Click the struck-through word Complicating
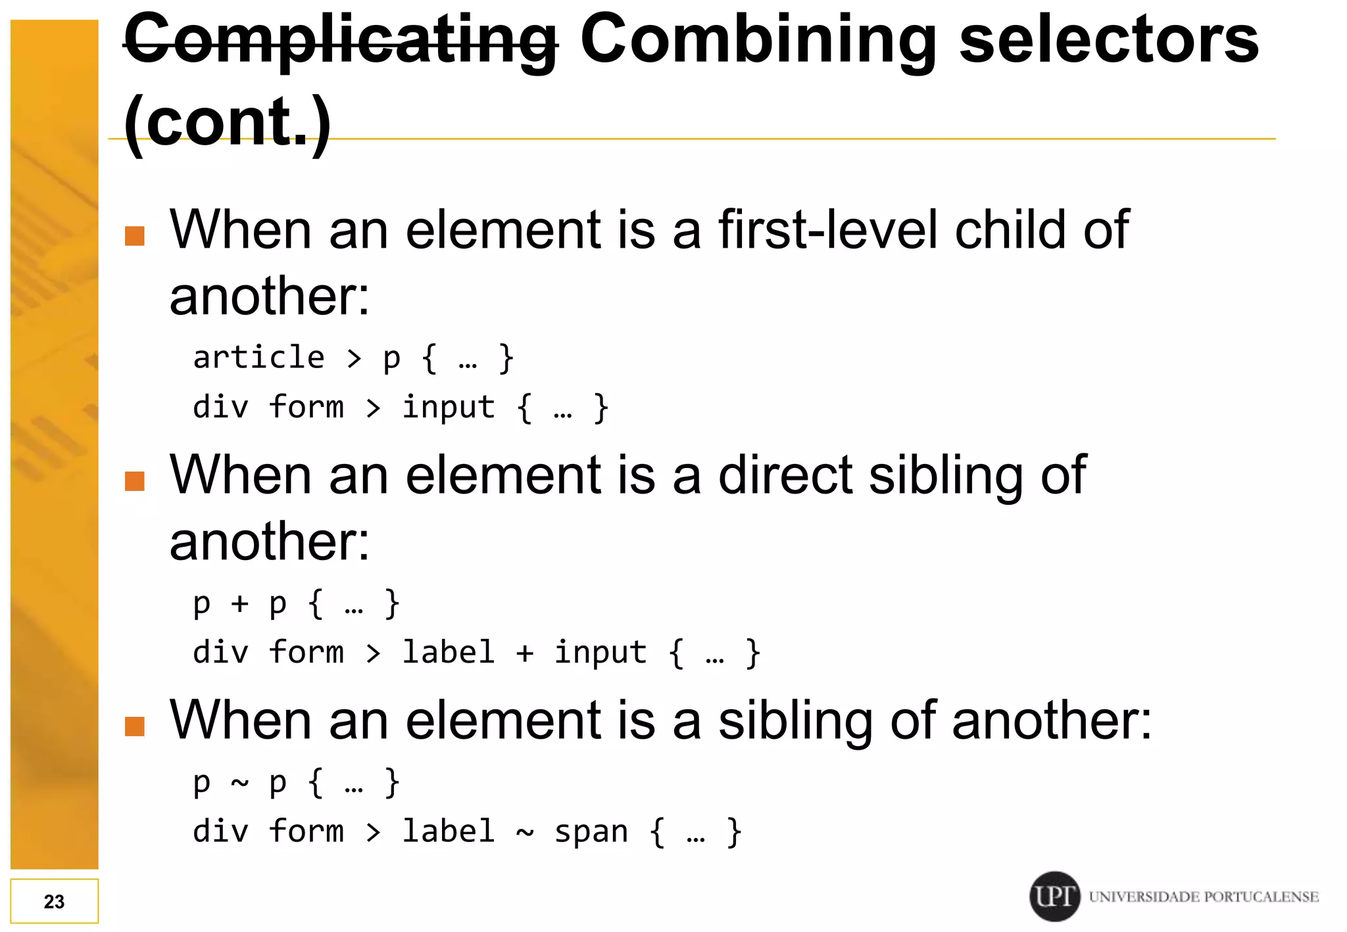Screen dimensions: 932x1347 (x=341, y=41)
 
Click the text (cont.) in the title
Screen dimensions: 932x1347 (x=228, y=122)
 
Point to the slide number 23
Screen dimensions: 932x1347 (x=54, y=901)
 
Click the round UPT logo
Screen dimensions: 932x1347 (x=1054, y=896)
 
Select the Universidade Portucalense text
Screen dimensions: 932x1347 (x=1204, y=897)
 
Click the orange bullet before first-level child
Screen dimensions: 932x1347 (x=135, y=236)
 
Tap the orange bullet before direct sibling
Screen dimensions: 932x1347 (x=135, y=481)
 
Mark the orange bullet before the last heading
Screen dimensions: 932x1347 (x=135, y=726)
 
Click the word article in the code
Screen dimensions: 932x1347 (x=259, y=358)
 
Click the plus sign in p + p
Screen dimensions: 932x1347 (x=239, y=603)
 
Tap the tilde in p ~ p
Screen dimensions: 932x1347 (x=239, y=783)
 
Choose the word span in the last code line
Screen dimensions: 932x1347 (x=591, y=832)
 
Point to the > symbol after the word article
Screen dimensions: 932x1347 (x=355, y=359)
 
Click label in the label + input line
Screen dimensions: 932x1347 (x=448, y=653)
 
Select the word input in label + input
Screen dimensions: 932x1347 (x=600, y=653)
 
